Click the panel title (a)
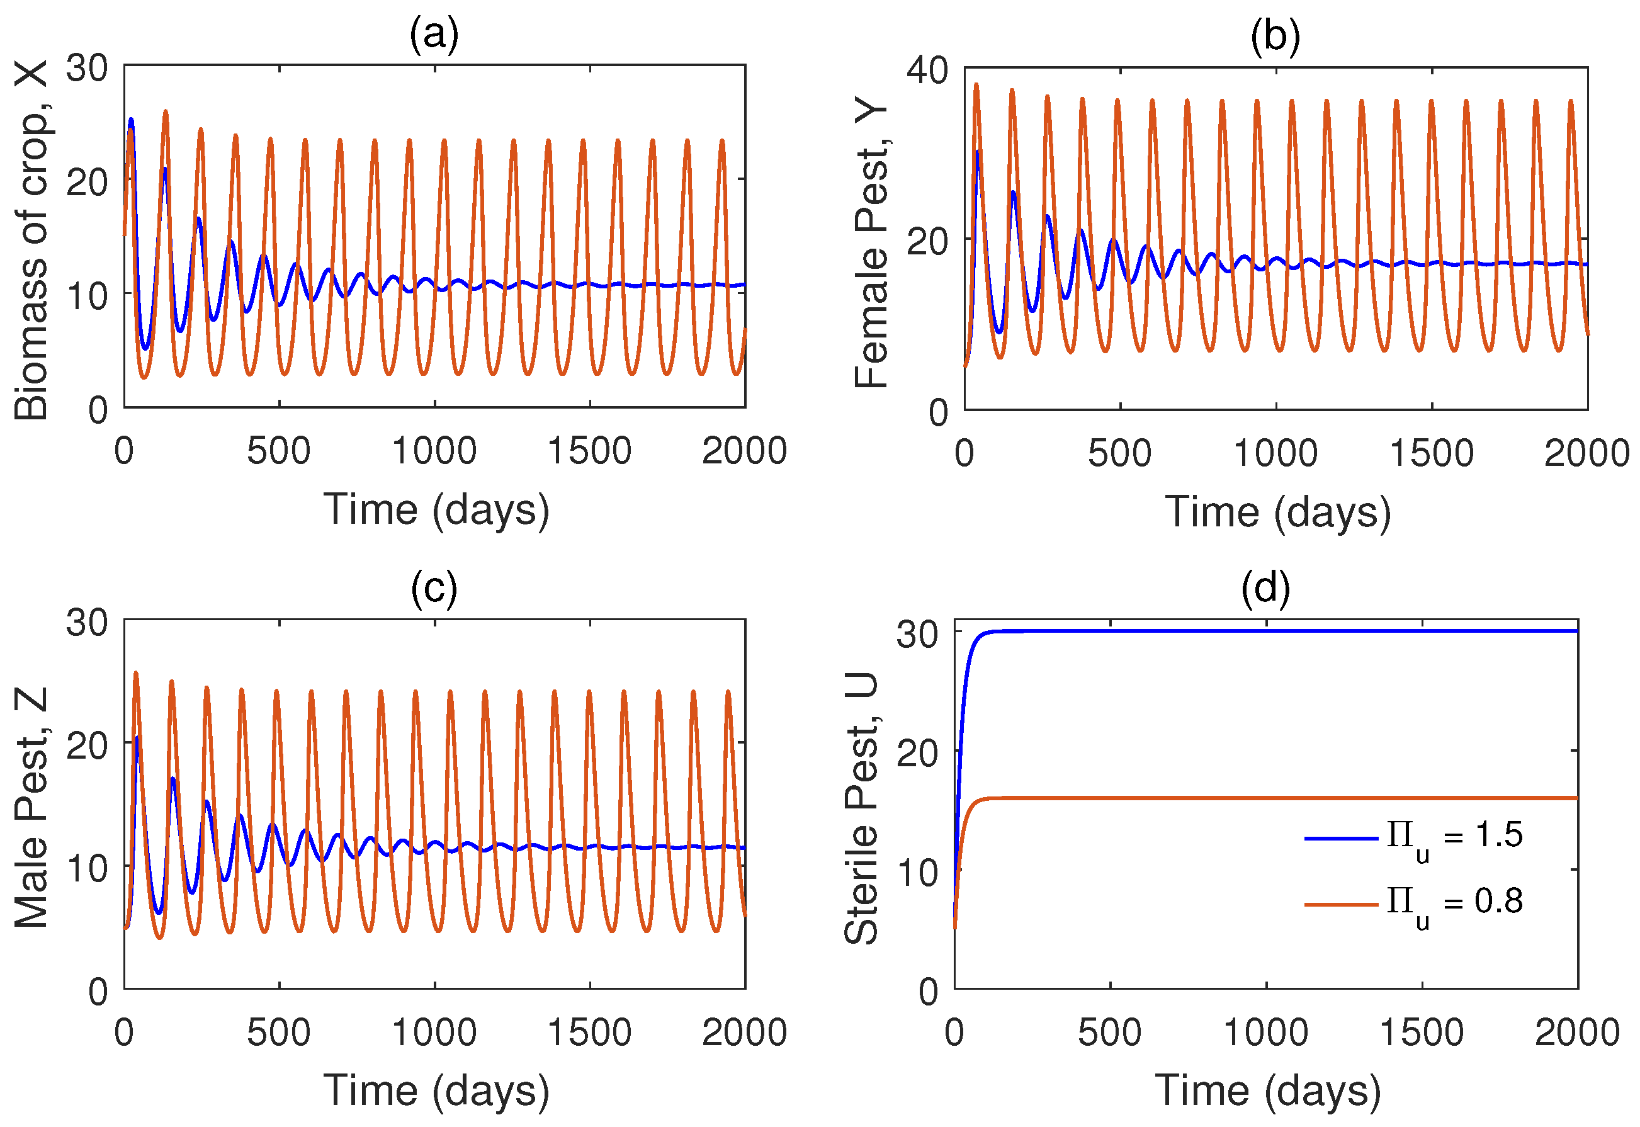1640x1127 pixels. (434, 34)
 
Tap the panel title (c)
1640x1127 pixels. (434, 588)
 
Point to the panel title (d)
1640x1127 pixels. (1265, 588)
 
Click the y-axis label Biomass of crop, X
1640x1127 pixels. (31, 240)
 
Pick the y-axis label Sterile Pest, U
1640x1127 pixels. (861, 808)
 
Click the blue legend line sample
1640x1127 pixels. (1341, 838)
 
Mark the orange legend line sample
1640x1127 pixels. (1341, 905)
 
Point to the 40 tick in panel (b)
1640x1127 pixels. (927, 71)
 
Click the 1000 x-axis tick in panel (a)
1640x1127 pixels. (434, 451)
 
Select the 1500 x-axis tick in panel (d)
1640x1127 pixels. (1421, 1033)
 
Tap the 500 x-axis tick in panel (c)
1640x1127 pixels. (279, 1033)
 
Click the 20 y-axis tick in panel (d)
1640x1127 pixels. (917, 754)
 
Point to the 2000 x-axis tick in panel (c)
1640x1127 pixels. (744, 1033)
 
